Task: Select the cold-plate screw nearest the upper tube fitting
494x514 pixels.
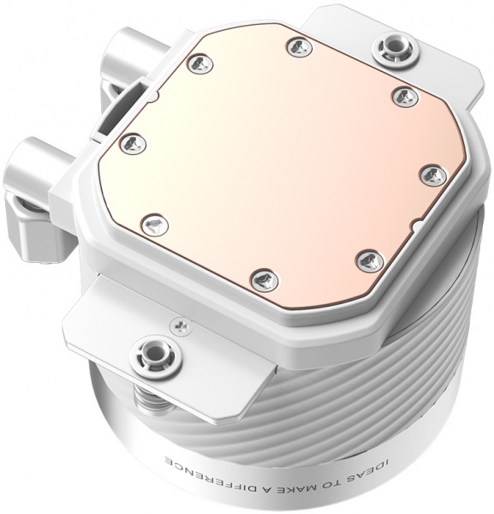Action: coord(196,62)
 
